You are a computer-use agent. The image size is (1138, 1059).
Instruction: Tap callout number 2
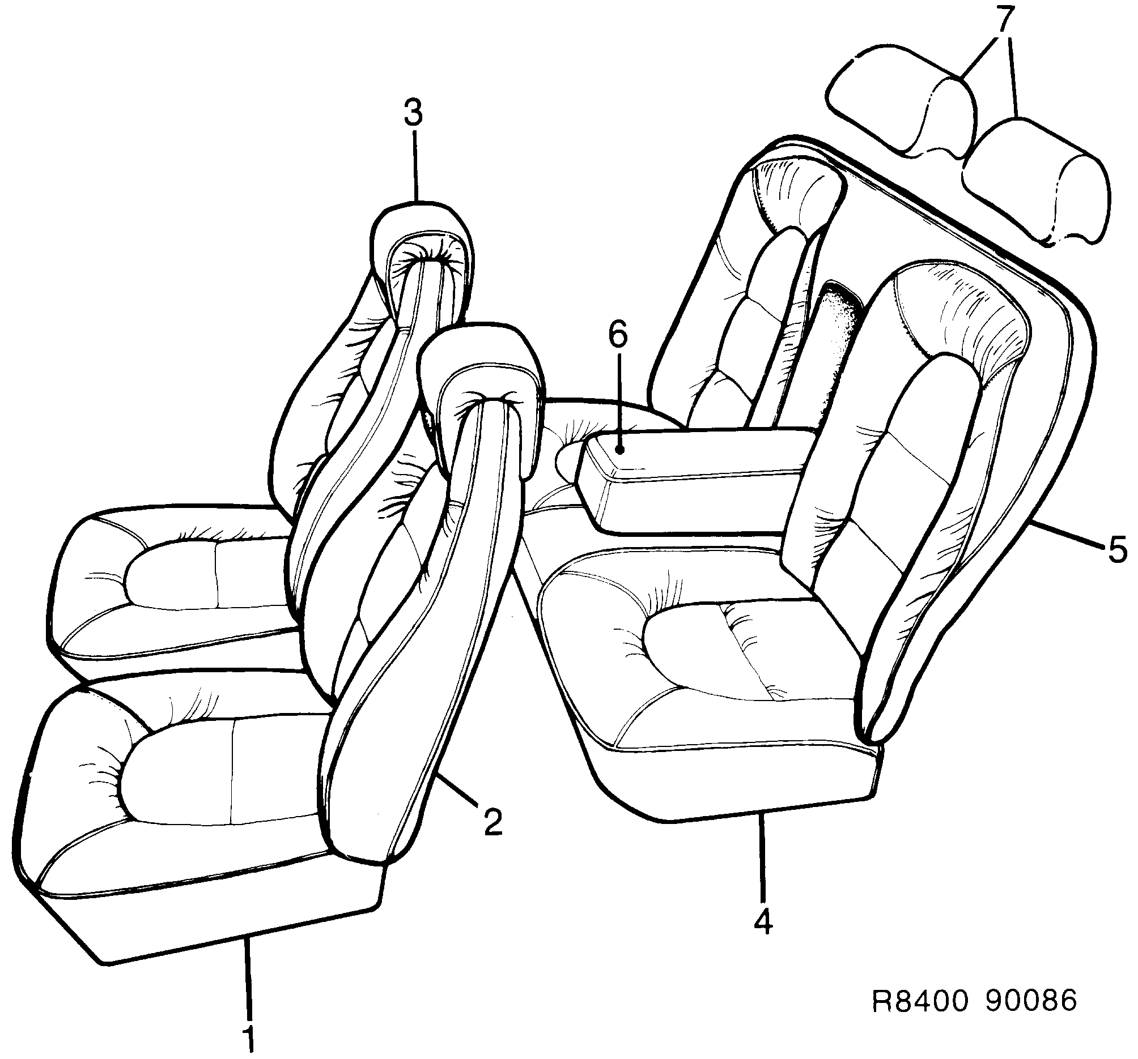493,822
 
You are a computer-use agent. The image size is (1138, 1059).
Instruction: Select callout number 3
413,113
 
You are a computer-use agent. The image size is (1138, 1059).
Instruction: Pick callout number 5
1117,550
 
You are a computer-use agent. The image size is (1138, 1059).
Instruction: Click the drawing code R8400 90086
974,1001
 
